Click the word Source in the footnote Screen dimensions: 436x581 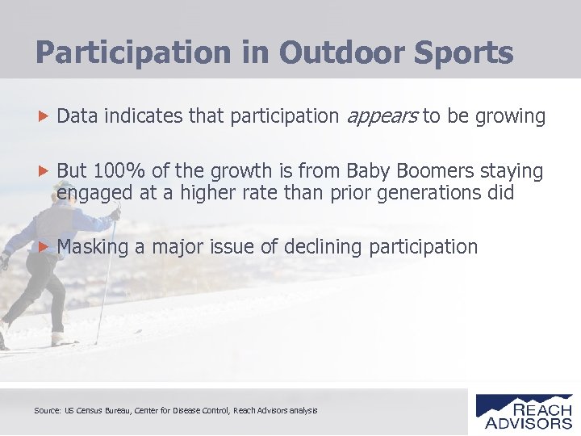47,411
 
